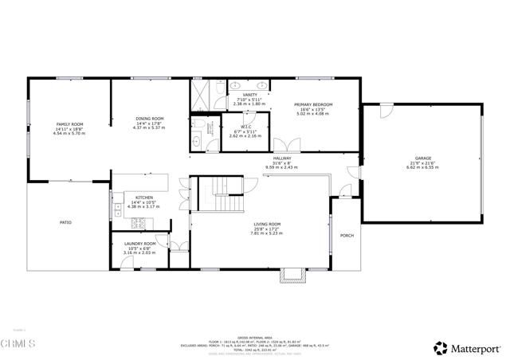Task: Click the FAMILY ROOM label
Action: (x=69, y=124)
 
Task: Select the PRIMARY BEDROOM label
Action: (x=313, y=105)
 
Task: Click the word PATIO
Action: (x=65, y=222)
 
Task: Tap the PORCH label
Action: (x=347, y=236)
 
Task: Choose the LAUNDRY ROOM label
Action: (x=139, y=244)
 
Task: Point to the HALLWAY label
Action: (x=282, y=158)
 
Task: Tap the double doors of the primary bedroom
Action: (x=284, y=146)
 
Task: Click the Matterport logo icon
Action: (x=439, y=347)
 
